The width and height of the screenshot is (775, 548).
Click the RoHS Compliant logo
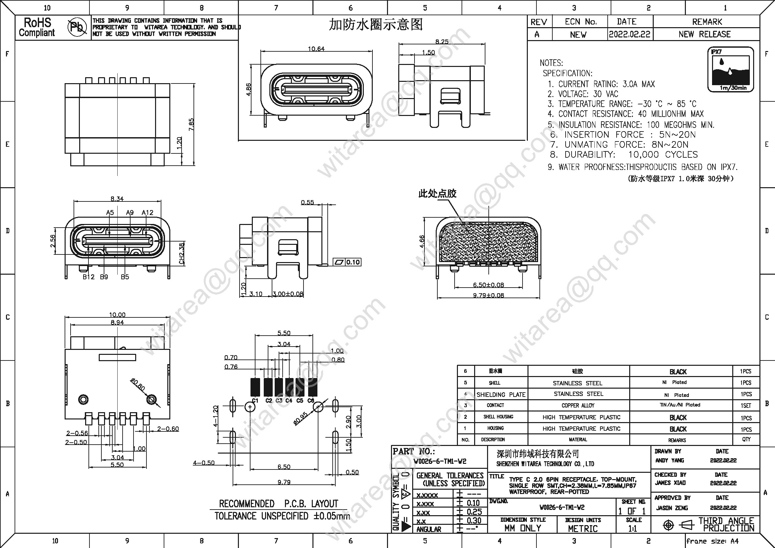(x=37, y=27)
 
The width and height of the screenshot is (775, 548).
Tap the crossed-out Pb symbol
(x=77, y=27)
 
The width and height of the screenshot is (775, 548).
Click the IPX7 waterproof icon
(x=731, y=70)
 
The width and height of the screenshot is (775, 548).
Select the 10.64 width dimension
(x=316, y=49)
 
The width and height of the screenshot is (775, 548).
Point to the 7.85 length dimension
(x=192, y=125)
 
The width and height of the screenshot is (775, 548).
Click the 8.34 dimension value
(x=117, y=199)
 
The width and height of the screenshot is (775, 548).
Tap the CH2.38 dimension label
(x=182, y=253)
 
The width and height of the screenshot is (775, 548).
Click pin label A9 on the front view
(x=130, y=213)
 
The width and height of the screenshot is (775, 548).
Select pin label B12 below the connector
(x=88, y=277)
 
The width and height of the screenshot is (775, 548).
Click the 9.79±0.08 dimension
(x=488, y=295)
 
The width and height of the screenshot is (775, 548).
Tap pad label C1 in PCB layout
(x=255, y=401)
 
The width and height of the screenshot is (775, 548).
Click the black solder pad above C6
(x=310, y=387)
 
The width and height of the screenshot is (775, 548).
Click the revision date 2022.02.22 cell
(x=630, y=34)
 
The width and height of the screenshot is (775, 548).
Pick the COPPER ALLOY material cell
(x=578, y=405)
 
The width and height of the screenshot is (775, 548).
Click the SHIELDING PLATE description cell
(x=501, y=395)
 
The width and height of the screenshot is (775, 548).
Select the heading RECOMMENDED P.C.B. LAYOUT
(x=278, y=504)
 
